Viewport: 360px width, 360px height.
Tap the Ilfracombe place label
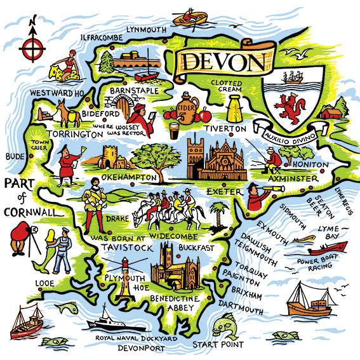click(102, 37)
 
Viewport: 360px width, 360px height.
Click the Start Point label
click(218, 345)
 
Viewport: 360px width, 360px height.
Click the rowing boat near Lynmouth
click(190, 18)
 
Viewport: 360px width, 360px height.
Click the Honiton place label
click(310, 164)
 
